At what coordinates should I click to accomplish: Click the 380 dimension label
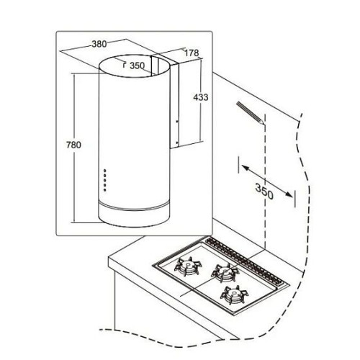click(99, 44)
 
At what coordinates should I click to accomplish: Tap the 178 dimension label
click(192, 53)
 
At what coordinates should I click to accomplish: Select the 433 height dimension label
click(201, 97)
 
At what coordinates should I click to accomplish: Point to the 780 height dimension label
click(73, 145)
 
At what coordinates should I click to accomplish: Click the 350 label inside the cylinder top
click(138, 66)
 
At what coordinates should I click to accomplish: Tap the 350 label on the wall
click(264, 192)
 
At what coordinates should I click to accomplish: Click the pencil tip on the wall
click(264, 123)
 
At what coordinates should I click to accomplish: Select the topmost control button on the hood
click(105, 171)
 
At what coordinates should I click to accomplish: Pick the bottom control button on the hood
click(105, 190)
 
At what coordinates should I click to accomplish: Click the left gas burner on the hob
click(188, 266)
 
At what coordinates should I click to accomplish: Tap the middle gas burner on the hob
click(225, 273)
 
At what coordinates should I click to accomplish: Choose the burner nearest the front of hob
click(234, 294)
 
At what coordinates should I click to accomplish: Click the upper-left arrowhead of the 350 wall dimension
click(244, 167)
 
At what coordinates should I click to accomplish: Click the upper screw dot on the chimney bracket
click(177, 122)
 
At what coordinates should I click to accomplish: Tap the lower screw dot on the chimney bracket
click(177, 143)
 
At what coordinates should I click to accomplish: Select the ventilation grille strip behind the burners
click(246, 260)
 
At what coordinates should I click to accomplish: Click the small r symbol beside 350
click(124, 65)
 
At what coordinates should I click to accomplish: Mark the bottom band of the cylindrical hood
click(135, 215)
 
